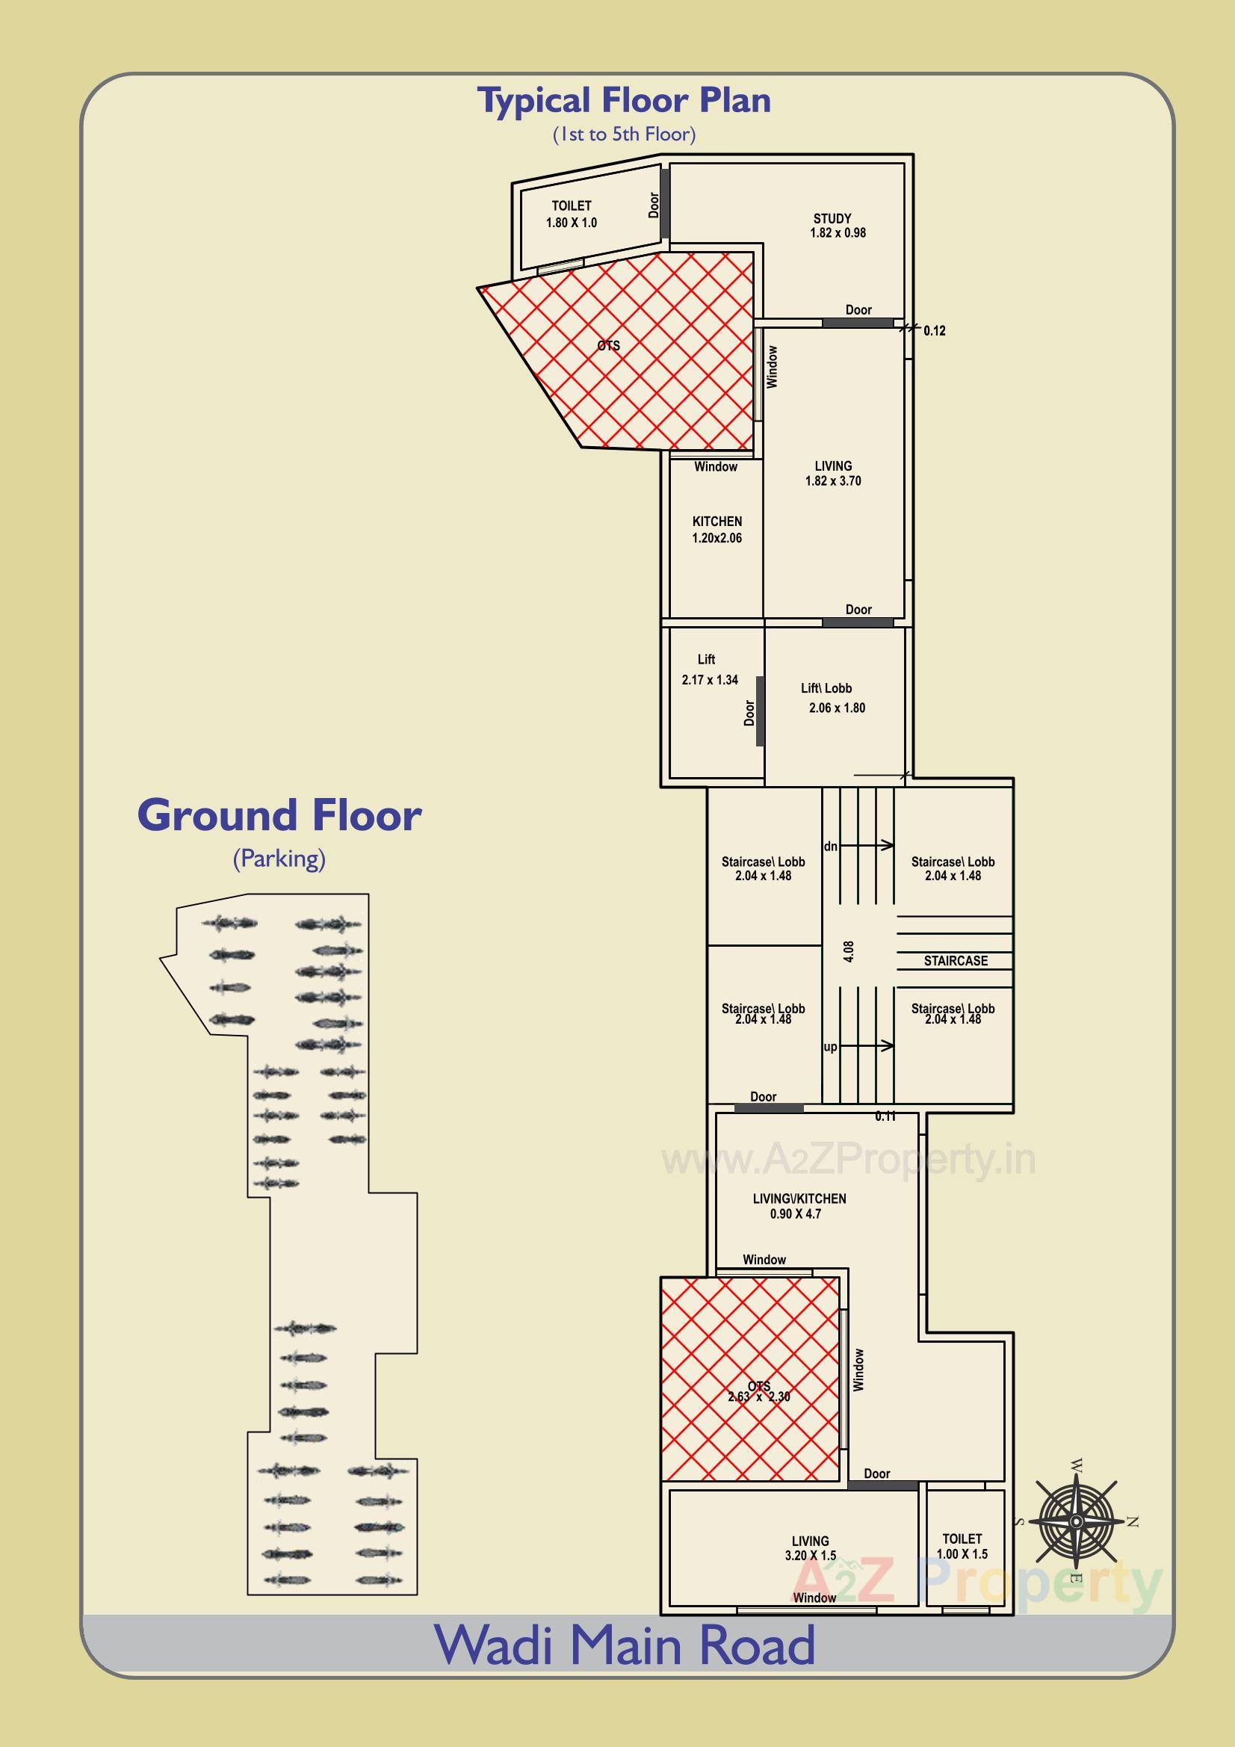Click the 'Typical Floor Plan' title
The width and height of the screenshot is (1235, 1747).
(x=623, y=101)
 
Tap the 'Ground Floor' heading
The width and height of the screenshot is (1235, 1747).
(x=279, y=816)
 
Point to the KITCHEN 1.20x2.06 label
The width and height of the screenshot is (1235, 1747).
(x=716, y=530)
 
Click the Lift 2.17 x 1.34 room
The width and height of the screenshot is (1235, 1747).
(x=709, y=670)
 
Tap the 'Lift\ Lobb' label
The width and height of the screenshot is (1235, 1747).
(x=826, y=688)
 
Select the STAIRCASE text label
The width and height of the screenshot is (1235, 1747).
(x=955, y=961)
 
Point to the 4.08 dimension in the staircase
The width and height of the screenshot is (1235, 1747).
(x=849, y=951)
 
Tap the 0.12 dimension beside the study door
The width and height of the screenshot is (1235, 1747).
(x=934, y=331)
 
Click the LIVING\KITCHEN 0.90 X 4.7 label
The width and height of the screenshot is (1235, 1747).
(x=799, y=1206)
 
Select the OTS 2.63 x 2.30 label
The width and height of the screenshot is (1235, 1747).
(x=758, y=1391)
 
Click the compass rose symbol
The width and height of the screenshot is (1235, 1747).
(x=1075, y=1522)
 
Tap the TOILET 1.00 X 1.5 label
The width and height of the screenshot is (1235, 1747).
(x=962, y=1546)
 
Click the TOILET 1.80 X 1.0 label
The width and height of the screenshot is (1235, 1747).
(x=572, y=214)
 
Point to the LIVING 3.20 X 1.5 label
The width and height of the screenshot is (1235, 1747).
(x=811, y=1548)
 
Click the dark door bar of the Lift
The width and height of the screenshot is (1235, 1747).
(x=759, y=711)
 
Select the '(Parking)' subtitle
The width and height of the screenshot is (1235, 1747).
(x=279, y=859)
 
